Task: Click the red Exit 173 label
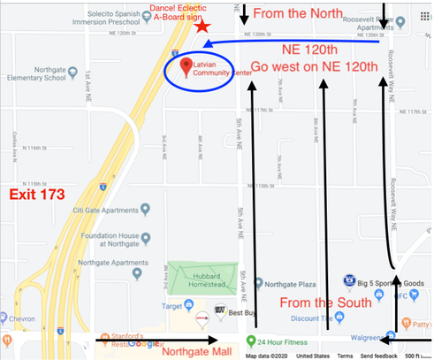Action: point(37,194)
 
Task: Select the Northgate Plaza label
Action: point(285,283)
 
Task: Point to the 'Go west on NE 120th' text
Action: point(314,66)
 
